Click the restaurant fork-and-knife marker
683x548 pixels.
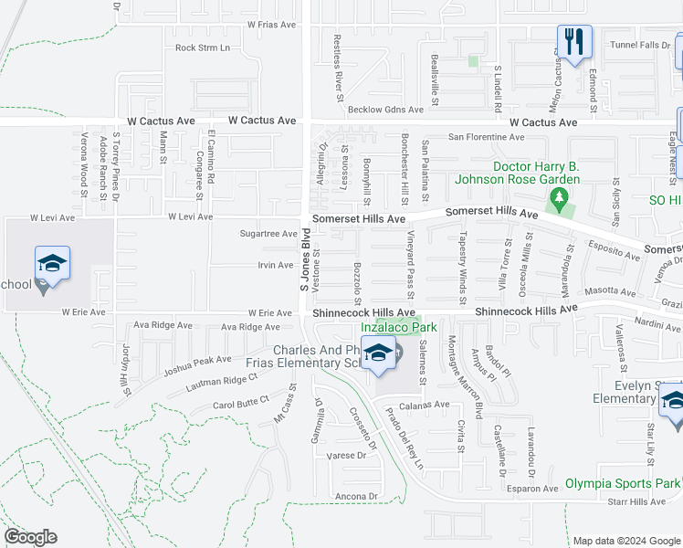(574, 42)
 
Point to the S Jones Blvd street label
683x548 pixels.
(306, 260)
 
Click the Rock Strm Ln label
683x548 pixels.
(203, 47)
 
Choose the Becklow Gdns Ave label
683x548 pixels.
(386, 110)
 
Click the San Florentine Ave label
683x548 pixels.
(486, 137)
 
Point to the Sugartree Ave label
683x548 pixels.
(269, 234)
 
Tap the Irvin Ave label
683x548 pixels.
(274, 265)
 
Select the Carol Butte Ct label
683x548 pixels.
(241, 400)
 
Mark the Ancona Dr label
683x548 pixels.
(356, 496)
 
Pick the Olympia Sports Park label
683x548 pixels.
(623, 483)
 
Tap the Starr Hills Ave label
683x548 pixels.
(636, 501)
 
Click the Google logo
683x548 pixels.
(31, 537)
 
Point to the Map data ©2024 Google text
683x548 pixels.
(625, 541)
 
